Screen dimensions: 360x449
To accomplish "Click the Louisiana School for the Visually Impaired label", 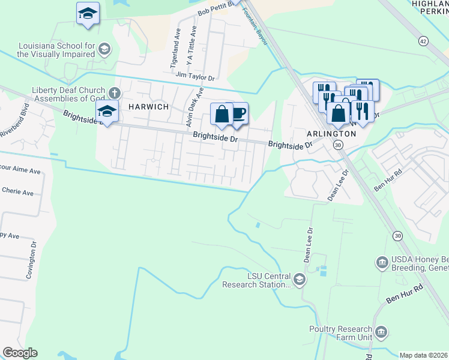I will click(x=56, y=50).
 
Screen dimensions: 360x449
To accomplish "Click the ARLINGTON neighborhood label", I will click(x=331, y=133).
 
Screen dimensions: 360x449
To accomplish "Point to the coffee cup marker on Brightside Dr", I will click(x=238, y=113).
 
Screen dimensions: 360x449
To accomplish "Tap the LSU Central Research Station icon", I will click(x=299, y=279).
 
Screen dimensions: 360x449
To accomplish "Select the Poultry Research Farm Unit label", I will click(x=341, y=333).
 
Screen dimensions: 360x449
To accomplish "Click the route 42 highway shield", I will click(x=424, y=41).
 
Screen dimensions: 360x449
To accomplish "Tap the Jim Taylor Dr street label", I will click(x=195, y=77).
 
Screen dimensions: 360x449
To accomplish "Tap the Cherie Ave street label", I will click(x=18, y=193).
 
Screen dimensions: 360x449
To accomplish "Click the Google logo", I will click(x=20, y=353).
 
